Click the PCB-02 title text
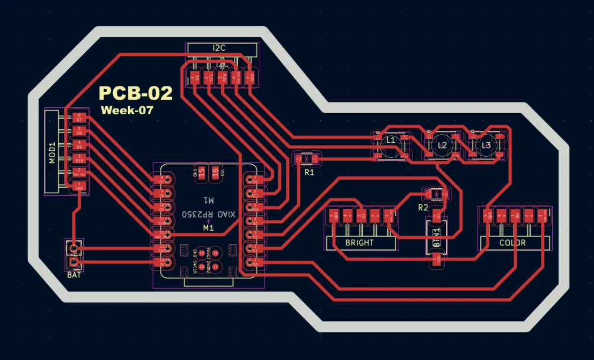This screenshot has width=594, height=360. coord(136,93)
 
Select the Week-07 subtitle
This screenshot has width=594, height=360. coord(127,111)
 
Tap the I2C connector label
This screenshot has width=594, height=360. coord(219,48)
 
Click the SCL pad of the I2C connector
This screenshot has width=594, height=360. coord(207,78)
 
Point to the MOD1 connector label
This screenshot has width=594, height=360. coord(52,153)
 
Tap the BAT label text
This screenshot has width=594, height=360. coord(74,275)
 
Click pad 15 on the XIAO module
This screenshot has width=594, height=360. coord(201,172)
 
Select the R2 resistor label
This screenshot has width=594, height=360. coord(423,207)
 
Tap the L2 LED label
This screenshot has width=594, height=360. coord(442,145)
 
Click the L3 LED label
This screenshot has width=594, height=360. coord(486,145)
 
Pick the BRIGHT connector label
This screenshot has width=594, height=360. coord(360,243)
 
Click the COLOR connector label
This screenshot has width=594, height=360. coord(512,243)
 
